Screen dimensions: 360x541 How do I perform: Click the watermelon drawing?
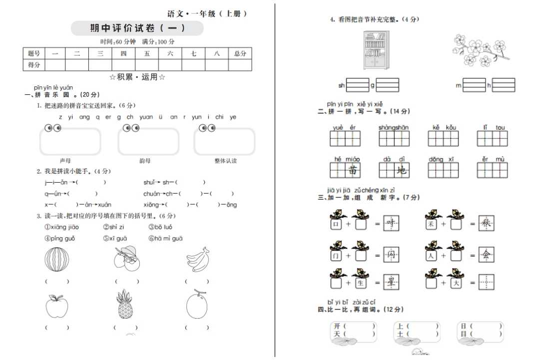(57, 260)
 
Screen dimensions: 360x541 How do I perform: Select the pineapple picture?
(125, 304)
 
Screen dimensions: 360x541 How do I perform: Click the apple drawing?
(56, 306)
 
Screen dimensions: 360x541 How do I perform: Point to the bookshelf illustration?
(376, 50)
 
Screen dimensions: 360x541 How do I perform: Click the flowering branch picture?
(480, 50)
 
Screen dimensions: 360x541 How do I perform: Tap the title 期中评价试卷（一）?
(137, 28)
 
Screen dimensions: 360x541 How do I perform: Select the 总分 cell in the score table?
(240, 53)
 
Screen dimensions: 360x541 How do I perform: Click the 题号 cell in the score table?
(34, 53)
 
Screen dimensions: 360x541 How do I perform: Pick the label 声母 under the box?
(65, 161)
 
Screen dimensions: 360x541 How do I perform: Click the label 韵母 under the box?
(145, 161)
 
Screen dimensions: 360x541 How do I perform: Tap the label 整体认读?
(225, 161)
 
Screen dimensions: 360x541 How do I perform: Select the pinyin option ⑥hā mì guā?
(165, 239)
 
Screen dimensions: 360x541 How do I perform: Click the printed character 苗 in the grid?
(354, 170)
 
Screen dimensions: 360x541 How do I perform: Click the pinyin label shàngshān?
(394, 128)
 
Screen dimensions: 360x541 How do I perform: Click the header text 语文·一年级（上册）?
(207, 14)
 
